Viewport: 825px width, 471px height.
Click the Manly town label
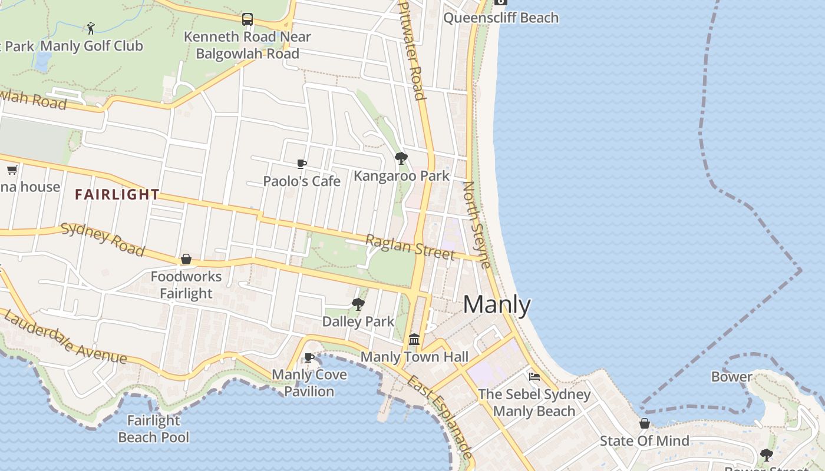coord(497,304)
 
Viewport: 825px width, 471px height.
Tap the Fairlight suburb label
coord(117,194)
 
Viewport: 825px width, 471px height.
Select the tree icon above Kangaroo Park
coord(401,158)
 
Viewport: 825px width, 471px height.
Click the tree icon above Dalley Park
coord(358,304)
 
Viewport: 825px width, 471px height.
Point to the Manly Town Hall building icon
coord(414,340)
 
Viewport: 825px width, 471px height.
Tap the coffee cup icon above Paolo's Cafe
coord(302,164)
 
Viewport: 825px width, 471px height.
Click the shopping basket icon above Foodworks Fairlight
coord(186,259)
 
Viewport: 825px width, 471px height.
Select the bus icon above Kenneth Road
coord(247,19)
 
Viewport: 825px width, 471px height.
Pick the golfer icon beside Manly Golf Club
coord(91,28)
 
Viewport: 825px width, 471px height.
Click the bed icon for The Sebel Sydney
coord(534,376)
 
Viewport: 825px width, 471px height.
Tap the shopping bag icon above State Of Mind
coord(645,423)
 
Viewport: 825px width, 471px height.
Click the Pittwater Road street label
coord(412,50)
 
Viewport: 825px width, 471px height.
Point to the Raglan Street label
coord(410,247)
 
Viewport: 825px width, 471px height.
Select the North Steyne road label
coord(476,224)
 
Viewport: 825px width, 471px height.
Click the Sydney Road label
coord(103,240)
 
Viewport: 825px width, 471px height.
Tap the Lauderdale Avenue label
coord(65,337)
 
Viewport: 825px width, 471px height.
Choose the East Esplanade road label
coord(439,416)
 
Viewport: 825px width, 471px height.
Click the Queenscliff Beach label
coord(501,18)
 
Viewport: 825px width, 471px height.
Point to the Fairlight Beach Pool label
coord(154,429)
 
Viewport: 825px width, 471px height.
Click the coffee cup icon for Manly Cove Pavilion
coord(309,357)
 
